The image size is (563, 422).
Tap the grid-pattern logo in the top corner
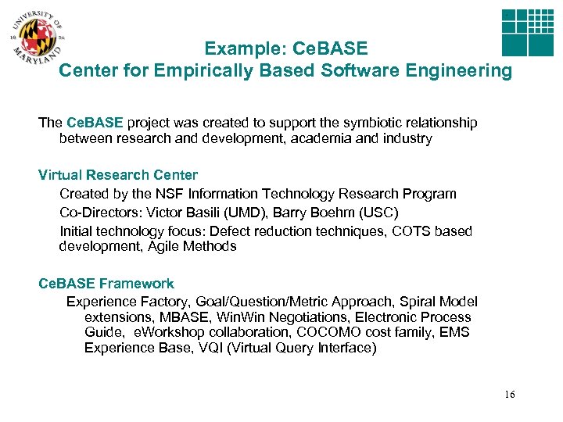coord(527,33)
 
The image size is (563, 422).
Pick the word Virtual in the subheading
coord(63,175)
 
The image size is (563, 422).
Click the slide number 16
coord(510,394)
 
